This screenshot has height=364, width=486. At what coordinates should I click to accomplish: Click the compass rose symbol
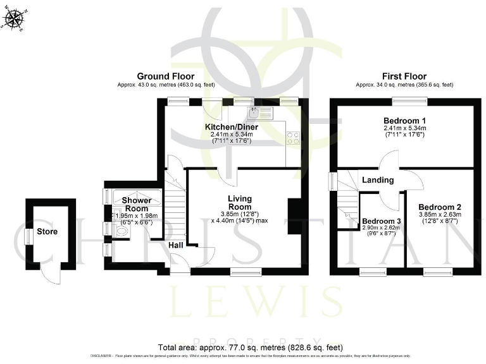coord(13,20)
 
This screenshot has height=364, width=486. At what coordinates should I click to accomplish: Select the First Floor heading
coord(405,76)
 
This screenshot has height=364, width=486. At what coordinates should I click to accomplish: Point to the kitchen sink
coord(260,114)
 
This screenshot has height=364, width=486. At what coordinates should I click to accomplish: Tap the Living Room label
coord(240,203)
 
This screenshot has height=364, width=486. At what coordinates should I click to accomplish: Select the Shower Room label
coord(136,205)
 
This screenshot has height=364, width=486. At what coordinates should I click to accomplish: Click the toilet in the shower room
coord(121,233)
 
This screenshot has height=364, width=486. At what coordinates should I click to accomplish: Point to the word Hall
coord(177,245)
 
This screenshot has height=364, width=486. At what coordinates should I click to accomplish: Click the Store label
coord(47,231)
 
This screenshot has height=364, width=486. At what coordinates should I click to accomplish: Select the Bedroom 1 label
coord(404,121)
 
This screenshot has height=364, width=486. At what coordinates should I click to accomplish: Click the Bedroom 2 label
coord(439,207)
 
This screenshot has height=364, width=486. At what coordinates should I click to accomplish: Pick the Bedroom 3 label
coord(380,221)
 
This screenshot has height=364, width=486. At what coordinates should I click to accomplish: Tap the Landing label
coord(378,181)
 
